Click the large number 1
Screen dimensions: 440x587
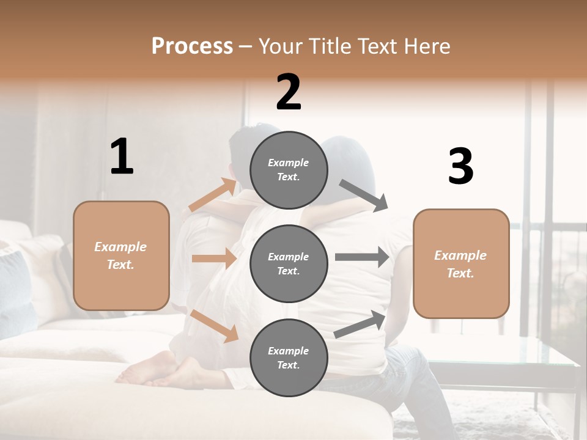click(x=122, y=157)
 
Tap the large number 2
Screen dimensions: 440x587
click(x=289, y=92)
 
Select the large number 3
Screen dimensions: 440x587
click(x=460, y=166)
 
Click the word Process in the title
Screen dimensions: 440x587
click(x=192, y=46)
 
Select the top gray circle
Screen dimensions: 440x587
click(x=289, y=170)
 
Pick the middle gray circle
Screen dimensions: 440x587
click(x=289, y=264)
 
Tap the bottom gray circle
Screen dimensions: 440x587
click(x=289, y=358)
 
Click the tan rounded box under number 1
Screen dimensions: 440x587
click(x=121, y=255)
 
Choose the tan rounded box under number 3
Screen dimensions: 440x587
click(x=461, y=264)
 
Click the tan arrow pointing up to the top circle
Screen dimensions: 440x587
click(x=213, y=196)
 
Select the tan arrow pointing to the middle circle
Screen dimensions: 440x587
click(x=214, y=258)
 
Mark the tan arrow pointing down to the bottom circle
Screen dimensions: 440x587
click(x=215, y=324)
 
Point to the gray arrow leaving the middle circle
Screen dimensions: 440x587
click(x=362, y=257)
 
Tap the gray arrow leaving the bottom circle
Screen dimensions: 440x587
click(x=360, y=324)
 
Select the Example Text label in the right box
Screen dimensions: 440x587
click(x=460, y=264)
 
